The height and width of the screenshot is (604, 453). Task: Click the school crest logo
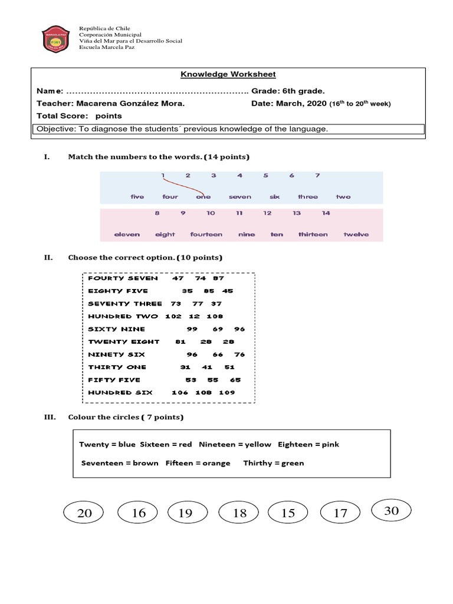tap(57, 39)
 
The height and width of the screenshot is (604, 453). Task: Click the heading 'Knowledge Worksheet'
tap(228, 74)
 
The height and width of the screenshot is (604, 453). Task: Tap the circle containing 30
tap(391, 511)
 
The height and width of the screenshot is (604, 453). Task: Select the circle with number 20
tap(84, 513)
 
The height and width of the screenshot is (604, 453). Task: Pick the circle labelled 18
tap(239, 513)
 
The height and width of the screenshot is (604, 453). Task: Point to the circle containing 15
tap(288, 513)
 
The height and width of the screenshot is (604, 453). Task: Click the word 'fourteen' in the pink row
tap(206, 234)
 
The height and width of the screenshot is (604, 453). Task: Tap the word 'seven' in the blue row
tap(239, 197)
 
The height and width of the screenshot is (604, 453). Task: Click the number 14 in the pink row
tap(326, 213)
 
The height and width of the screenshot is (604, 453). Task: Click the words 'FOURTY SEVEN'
tap(123, 278)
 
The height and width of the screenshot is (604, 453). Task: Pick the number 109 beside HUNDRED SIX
tap(226, 392)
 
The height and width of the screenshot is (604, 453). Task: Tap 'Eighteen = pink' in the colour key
tap(308, 444)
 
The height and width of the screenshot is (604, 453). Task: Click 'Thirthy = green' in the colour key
tap(274, 463)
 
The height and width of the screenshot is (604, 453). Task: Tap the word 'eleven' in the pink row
tap(127, 234)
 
